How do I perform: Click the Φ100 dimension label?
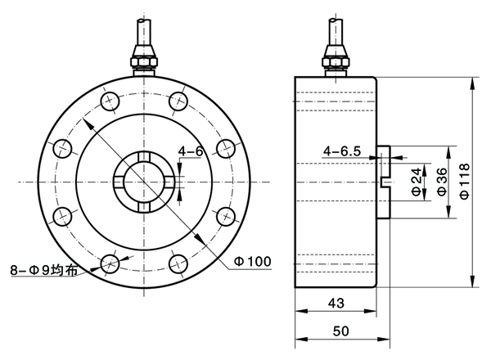click(x=253, y=261)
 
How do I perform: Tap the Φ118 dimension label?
click(x=465, y=181)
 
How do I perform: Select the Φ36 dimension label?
click(x=442, y=182)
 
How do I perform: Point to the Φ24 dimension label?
click(x=417, y=182)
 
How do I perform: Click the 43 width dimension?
click(x=336, y=303)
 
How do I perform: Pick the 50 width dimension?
click(x=340, y=331)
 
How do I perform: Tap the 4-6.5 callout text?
click(x=342, y=151)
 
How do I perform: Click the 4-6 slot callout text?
click(x=191, y=151)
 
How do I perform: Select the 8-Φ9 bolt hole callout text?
click(x=44, y=270)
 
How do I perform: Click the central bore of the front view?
click(x=144, y=182)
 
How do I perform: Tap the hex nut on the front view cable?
click(x=144, y=61)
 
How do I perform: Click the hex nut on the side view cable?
click(x=336, y=61)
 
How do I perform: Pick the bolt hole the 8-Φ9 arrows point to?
click(x=110, y=263)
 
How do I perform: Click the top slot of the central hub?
click(x=144, y=156)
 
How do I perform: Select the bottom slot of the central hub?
click(x=144, y=207)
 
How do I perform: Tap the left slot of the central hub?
click(x=119, y=182)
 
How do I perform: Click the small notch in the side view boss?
click(x=384, y=182)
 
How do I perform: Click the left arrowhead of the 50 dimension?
click(x=301, y=339)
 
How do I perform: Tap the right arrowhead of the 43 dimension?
click(x=371, y=311)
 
